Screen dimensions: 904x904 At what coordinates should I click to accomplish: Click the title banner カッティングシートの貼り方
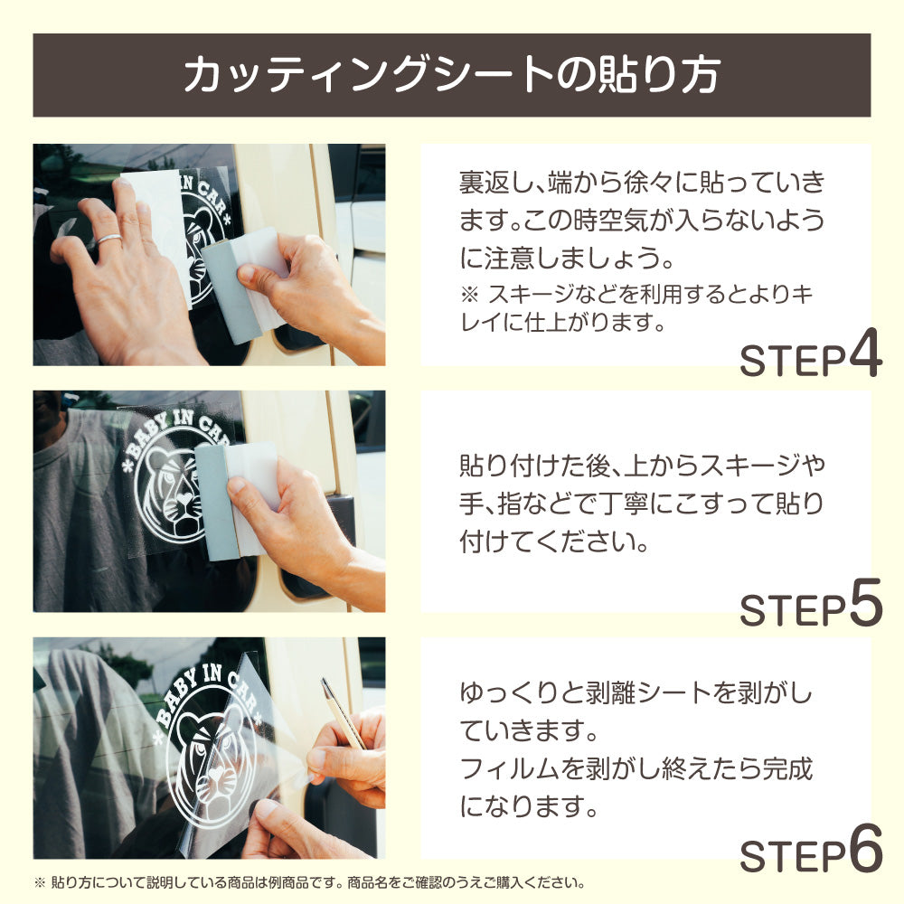coord(451,75)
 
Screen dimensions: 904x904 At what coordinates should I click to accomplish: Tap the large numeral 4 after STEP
coord(865,353)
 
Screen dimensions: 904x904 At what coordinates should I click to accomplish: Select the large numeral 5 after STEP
coord(866,602)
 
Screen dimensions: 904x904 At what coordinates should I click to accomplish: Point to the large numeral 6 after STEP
coord(866,848)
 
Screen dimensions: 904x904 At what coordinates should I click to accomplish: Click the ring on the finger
coord(108,240)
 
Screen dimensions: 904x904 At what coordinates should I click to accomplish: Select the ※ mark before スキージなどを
coord(470,295)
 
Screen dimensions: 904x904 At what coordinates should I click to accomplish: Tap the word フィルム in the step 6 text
coord(510,768)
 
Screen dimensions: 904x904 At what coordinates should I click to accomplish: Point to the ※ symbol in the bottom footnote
coord(40,882)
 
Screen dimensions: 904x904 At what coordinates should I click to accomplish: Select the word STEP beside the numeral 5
coord(793,610)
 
